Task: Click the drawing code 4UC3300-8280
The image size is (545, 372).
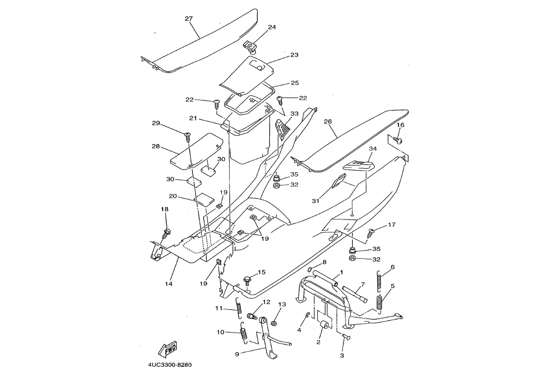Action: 170,365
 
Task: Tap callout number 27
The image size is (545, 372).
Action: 189,19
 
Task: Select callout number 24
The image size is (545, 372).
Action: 272,27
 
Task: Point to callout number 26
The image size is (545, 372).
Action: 327,122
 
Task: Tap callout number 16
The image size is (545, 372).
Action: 400,125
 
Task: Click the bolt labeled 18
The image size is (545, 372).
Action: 167,232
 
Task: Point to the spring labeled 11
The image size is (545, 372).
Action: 238,309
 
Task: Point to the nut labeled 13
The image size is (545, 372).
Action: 274,324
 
